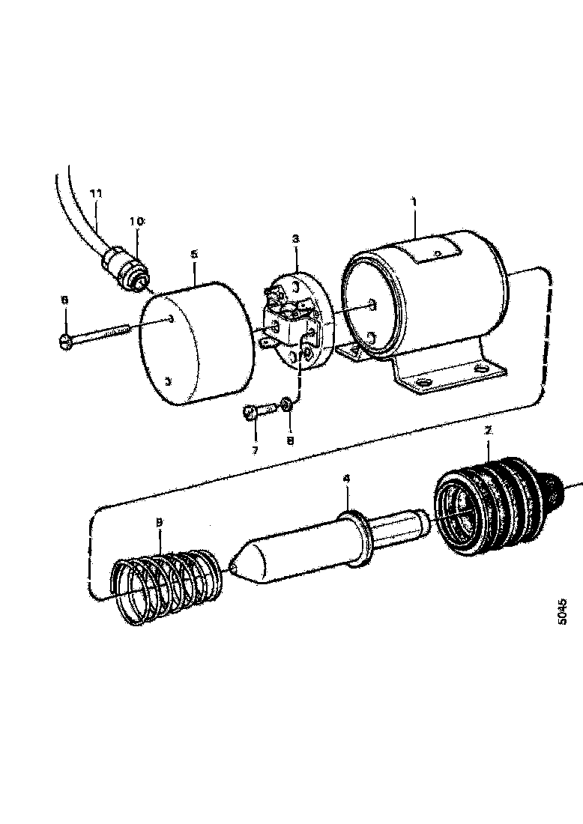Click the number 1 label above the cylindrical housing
click(414, 203)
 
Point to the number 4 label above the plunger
click(345, 479)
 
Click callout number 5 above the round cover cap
click(194, 255)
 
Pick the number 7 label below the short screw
click(254, 450)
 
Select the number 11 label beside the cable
click(95, 193)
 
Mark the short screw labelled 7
click(256, 413)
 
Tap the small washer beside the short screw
click(286, 405)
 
